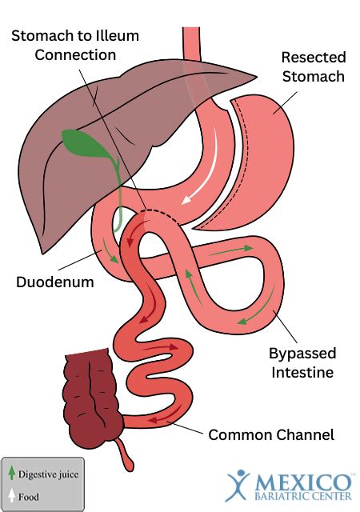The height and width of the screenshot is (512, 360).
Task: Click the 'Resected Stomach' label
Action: tap(314, 67)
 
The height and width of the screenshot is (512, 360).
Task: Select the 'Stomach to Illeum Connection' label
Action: tap(75, 45)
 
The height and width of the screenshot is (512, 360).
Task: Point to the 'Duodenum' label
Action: tap(55, 282)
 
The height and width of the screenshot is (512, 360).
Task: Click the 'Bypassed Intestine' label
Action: tap(302, 362)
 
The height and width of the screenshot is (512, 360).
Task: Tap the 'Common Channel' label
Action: tap(271, 434)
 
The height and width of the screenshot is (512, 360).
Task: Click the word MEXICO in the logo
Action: tap(303, 482)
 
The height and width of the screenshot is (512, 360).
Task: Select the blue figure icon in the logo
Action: tap(238, 485)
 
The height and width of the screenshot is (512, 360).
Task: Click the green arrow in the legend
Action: tap(12, 473)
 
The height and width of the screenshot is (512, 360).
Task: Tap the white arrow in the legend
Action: tap(12, 494)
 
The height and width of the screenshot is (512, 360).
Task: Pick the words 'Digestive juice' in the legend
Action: tap(48, 474)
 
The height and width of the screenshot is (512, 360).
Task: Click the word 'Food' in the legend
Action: tap(29, 497)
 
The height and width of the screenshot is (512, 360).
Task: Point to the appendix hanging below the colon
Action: tap(125, 455)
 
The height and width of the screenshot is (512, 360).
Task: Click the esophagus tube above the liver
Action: tap(191, 43)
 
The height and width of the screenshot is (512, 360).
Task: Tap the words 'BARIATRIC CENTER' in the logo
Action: tap(303, 496)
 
